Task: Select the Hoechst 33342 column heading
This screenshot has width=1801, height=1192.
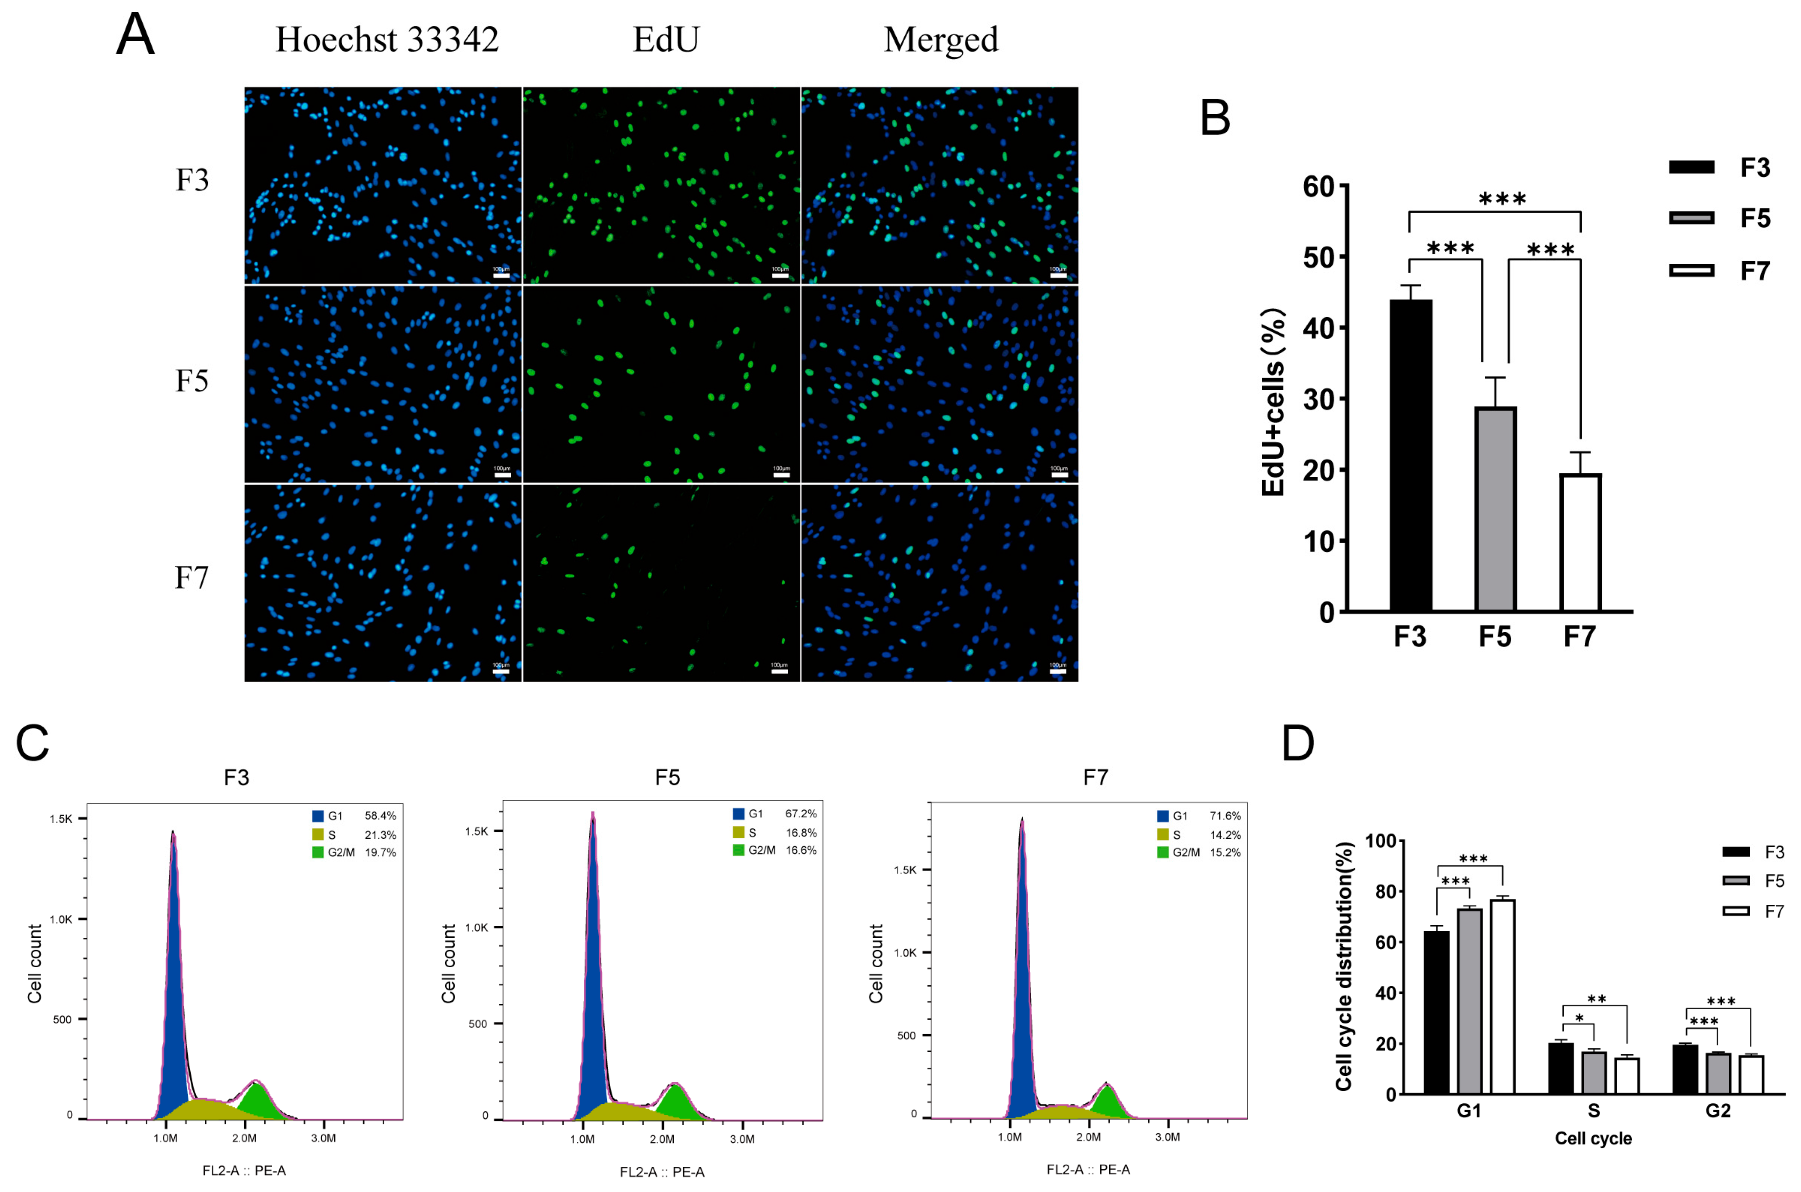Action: [x=386, y=39]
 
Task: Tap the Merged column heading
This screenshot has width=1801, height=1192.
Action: [x=940, y=39]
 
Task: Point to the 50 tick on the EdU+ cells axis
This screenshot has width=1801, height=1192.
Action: [x=1318, y=258]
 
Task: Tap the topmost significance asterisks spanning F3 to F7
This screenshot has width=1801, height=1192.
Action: [x=1502, y=199]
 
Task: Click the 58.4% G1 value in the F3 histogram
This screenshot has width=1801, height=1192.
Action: [x=380, y=816]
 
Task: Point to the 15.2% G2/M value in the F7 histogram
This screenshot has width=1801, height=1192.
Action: [x=1225, y=852]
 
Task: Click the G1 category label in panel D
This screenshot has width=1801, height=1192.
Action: [x=1468, y=1111]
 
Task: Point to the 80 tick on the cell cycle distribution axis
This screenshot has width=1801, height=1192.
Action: [x=1385, y=891]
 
